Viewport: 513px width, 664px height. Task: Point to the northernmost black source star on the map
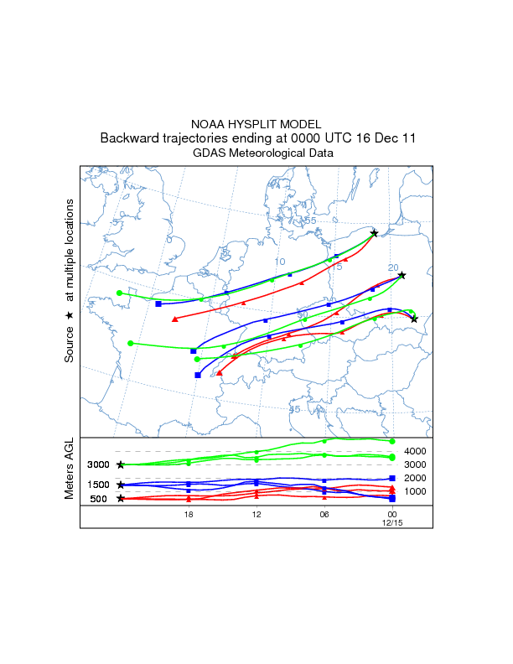point(374,233)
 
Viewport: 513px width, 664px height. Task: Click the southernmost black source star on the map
point(414,319)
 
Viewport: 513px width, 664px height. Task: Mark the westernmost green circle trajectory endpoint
point(120,293)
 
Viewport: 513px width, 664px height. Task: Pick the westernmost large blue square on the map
point(158,303)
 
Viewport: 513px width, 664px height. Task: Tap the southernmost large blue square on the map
point(198,375)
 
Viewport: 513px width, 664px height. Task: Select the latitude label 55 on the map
point(310,220)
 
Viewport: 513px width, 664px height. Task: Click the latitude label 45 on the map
point(294,409)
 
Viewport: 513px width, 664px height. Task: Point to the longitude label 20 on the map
point(393,267)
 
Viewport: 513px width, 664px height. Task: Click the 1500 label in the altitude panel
point(100,485)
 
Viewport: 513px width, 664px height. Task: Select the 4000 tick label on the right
point(417,451)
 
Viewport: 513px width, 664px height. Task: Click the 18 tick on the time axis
point(189,514)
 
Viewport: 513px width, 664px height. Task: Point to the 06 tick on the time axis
point(324,514)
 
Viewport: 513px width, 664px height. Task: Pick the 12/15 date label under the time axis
point(391,522)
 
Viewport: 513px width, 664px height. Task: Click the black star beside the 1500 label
point(121,485)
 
